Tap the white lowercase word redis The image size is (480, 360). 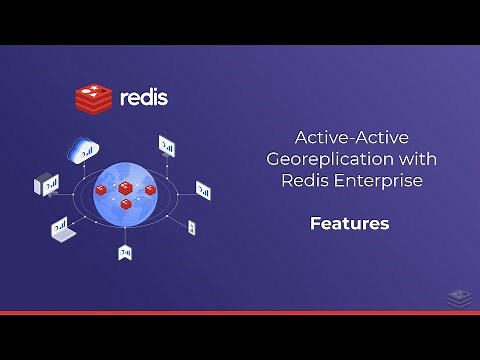click(143, 98)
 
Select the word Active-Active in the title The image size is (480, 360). click(339, 137)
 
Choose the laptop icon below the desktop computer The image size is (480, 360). click(64, 230)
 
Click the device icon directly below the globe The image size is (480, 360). click(125, 252)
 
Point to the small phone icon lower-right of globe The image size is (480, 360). click(191, 228)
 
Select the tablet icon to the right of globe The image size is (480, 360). click(203, 189)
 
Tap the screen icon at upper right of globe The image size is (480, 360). click(166, 147)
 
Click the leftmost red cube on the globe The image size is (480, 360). click(103, 190)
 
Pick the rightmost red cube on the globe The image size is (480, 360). click(150, 190)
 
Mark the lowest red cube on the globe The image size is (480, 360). click(126, 204)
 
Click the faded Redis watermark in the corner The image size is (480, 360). click(458, 297)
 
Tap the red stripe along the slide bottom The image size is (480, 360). click(240, 312)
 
